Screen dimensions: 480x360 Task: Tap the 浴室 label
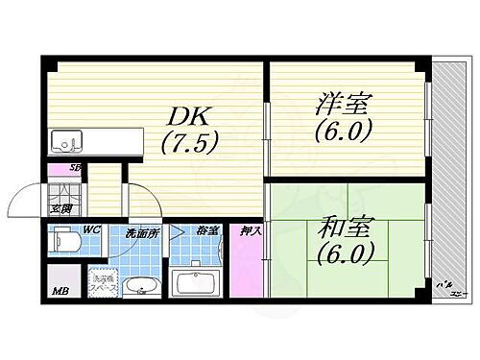[206, 231]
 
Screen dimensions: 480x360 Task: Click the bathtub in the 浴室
[198, 281]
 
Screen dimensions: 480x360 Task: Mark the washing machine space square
[102, 279]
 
